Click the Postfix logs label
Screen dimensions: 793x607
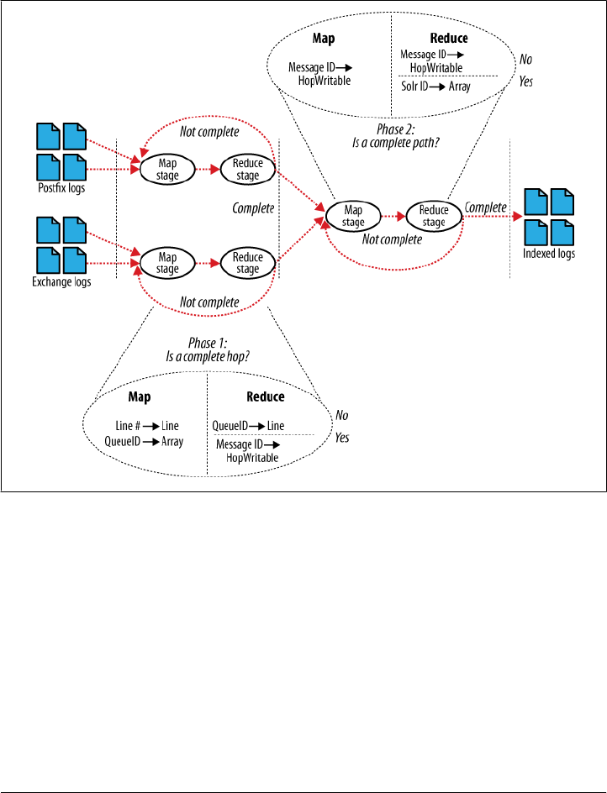coord(61,188)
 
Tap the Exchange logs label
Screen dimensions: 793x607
coord(61,282)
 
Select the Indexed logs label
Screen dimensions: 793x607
coord(550,254)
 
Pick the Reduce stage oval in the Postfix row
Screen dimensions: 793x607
coord(248,169)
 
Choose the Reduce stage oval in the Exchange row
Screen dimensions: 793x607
coord(248,264)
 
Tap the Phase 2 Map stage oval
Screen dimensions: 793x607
coord(354,217)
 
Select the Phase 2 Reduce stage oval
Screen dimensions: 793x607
coord(434,217)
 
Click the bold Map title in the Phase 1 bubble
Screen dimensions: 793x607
coord(140,396)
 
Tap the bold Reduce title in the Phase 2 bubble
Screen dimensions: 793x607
coord(448,39)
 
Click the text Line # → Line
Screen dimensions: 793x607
coord(146,426)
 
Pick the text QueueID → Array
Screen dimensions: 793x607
coord(145,441)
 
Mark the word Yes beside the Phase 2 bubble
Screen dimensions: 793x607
coord(526,82)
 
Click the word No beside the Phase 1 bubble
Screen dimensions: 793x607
coord(342,415)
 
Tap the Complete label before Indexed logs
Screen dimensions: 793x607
coord(485,207)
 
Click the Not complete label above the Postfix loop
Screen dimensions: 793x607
coord(209,131)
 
